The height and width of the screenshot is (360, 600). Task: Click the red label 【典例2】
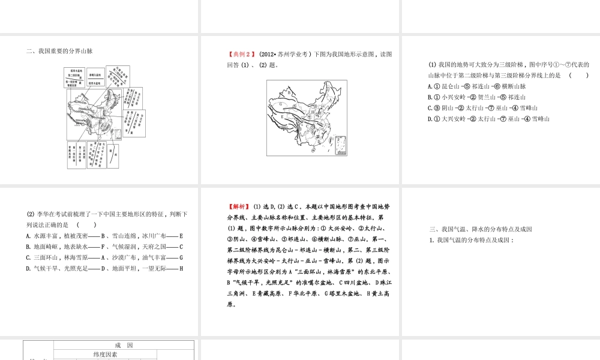point(238,55)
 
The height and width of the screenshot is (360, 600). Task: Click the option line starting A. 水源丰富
point(104,236)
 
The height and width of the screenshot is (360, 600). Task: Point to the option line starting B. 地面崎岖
point(104,247)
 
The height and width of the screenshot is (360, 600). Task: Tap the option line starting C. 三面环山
point(104,257)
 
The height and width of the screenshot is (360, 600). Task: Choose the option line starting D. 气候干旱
point(104,268)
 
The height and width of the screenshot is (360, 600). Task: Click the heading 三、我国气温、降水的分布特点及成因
point(481,229)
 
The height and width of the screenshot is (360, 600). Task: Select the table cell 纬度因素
point(106,355)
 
